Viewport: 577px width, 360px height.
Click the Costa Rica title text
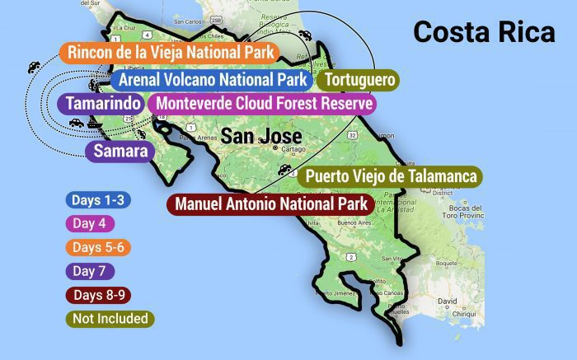(x=485, y=32)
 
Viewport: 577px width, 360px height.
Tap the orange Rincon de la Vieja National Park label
(x=169, y=53)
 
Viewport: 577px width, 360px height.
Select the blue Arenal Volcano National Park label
(x=212, y=80)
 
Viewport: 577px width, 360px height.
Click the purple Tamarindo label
(x=100, y=104)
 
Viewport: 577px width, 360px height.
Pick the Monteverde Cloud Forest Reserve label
(x=262, y=104)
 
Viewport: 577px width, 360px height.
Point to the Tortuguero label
(x=359, y=80)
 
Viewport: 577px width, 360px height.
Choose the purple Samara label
(x=120, y=151)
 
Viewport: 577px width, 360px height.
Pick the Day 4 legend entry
(x=90, y=223)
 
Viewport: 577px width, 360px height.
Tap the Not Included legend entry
(x=110, y=318)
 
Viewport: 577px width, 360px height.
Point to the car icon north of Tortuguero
(x=307, y=35)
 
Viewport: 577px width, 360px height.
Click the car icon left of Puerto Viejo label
(x=285, y=171)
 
